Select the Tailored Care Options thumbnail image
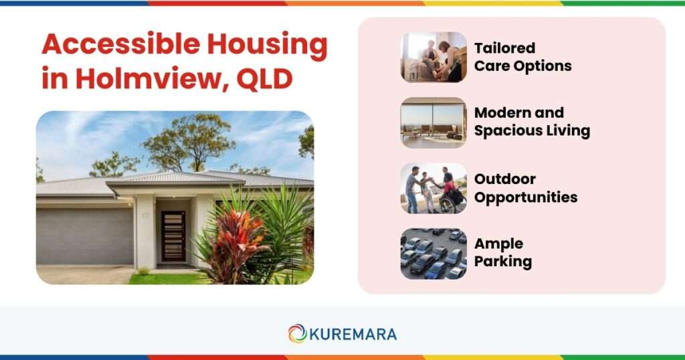click(433, 57)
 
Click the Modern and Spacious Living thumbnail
click(433, 122)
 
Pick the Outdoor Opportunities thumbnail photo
click(433, 188)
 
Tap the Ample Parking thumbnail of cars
click(433, 254)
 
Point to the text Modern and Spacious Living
click(532, 122)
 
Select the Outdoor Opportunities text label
click(525, 188)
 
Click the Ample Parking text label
click(502, 253)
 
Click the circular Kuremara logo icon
click(297, 333)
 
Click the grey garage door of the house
click(84, 235)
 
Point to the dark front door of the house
click(173, 236)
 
